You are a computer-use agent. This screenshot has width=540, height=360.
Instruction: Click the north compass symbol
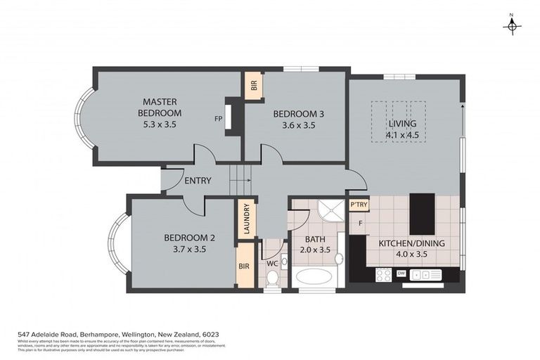pyautogui.click(x=512, y=27)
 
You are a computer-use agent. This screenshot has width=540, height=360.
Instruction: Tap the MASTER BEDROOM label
pyautogui.click(x=160, y=113)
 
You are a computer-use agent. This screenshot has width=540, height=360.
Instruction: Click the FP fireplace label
pyautogui.click(x=219, y=119)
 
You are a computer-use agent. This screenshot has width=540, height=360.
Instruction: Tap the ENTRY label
pyautogui.click(x=198, y=181)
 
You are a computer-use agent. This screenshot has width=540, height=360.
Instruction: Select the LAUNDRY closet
pyautogui.click(x=246, y=219)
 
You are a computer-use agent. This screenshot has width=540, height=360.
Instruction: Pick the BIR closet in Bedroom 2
pyautogui.click(x=245, y=267)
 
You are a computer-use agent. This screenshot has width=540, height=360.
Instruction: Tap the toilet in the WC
pyautogui.click(x=273, y=276)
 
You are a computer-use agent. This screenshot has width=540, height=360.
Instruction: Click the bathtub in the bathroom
pyautogui.click(x=316, y=276)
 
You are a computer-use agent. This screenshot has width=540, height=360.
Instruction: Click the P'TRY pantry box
pyautogui.click(x=358, y=204)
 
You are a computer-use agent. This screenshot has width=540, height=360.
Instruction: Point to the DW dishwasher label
pyautogui.click(x=401, y=273)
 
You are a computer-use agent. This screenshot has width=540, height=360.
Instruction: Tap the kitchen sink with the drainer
pyautogui.click(x=425, y=274)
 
